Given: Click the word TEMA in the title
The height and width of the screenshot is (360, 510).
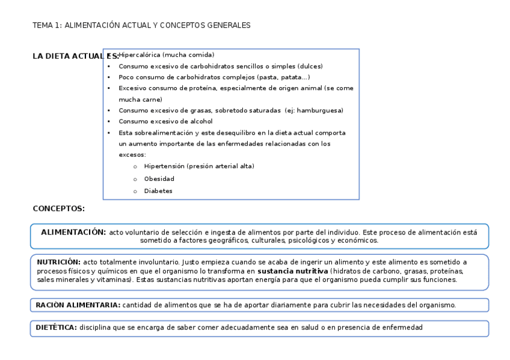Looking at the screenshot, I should click(x=41, y=25).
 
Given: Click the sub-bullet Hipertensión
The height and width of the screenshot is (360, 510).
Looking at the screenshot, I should click(x=164, y=166).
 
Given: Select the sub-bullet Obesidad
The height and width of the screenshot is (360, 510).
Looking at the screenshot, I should click(x=159, y=178).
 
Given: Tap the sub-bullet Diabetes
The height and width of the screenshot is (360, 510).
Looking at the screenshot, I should click(x=158, y=191).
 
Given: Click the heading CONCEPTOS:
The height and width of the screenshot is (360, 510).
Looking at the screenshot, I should click(x=58, y=209).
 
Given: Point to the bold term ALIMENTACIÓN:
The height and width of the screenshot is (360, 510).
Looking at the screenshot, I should click(x=73, y=232).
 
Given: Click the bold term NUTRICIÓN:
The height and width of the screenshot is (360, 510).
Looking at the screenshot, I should click(x=58, y=262).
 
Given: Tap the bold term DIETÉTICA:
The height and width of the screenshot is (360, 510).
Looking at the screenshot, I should click(x=55, y=328).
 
